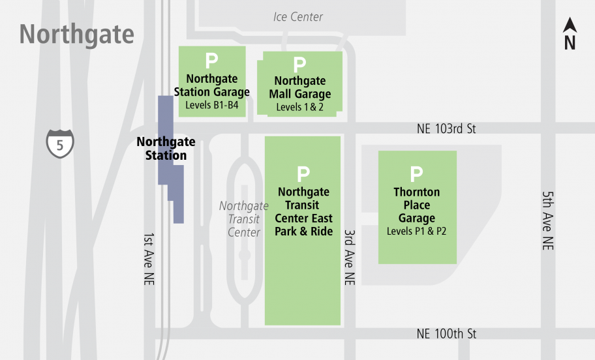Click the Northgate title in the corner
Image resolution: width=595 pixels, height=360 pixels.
76,35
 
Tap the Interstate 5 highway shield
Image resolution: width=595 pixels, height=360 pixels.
60,143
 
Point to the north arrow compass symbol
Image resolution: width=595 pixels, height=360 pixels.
570,34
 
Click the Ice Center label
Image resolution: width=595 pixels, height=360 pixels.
298,17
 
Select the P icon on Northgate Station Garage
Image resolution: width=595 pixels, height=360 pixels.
211,61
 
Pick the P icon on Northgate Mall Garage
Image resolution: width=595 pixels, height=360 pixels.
299,65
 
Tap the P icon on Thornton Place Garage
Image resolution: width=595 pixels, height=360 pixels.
416,174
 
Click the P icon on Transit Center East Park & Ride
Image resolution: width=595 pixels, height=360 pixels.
303,174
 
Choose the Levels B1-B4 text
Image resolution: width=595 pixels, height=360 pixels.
212,105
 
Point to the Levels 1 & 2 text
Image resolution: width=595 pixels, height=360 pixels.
299,107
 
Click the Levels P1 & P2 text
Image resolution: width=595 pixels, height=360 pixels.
416,231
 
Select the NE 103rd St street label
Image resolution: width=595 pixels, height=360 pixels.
446,129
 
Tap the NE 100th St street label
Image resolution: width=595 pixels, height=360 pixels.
446,334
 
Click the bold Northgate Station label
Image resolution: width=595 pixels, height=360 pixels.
166,149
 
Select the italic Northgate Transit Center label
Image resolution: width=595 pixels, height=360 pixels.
243,219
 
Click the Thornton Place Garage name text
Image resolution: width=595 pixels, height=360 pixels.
416,205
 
